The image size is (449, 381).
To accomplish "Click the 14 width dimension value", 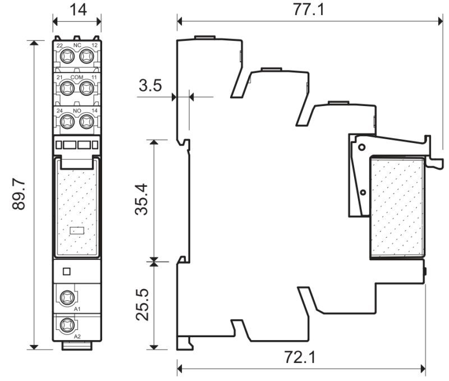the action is (x=78, y=10).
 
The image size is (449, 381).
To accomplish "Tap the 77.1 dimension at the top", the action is (x=308, y=10).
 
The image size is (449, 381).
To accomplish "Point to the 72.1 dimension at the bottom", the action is (x=300, y=357).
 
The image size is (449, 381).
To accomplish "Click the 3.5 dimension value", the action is (x=150, y=85).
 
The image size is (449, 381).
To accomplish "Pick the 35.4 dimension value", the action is (x=142, y=200).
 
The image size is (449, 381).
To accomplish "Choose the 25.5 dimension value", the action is (x=143, y=305).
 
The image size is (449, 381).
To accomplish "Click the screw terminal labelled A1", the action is (x=68, y=298).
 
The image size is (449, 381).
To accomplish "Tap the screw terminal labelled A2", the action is (x=68, y=325).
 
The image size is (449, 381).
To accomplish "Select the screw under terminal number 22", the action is (x=67, y=56).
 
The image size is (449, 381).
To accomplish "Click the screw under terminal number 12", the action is (x=86, y=56).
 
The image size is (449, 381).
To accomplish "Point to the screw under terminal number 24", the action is (x=67, y=121).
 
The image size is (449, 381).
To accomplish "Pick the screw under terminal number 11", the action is (x=86, y=88).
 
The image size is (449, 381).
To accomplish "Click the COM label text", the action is (x=77, y=77).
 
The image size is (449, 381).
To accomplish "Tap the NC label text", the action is (x=77, y=45).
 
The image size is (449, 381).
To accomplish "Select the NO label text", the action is (x=77, y=111).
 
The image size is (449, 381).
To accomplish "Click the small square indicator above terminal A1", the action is (x=66, y=272).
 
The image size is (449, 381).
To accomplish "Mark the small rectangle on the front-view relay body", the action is (x=77, y=231).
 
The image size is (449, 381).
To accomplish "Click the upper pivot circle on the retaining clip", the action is (x=362, y=147).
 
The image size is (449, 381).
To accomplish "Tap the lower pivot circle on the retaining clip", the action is (x=363, y=192).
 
